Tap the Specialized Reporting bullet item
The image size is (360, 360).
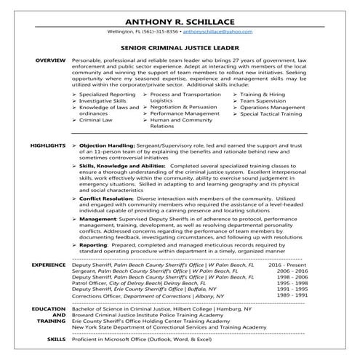[110, 95]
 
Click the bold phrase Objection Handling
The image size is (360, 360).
[116, 146]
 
